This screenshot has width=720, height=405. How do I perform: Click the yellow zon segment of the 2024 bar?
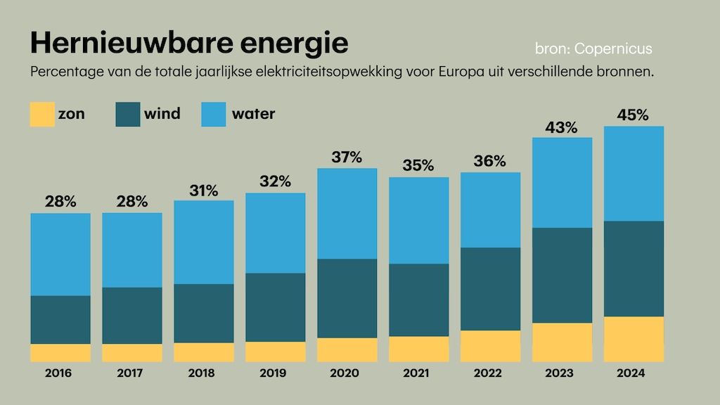[634, 339]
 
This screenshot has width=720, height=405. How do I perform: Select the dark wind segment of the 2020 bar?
[347, 298]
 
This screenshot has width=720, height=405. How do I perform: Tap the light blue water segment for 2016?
[60, 254]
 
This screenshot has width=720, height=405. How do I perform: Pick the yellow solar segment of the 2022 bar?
[490, 346]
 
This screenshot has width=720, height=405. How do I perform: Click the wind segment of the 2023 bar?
[562, 275]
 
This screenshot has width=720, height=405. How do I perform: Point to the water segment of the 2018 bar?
[204, 242]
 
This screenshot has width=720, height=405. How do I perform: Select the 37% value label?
[347, 157]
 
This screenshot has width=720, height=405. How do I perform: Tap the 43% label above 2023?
[562, 127]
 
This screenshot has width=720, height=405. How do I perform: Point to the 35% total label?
[418, 166]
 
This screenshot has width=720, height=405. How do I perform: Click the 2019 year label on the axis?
[275, 373]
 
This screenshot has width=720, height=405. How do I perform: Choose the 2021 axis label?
[418, 373]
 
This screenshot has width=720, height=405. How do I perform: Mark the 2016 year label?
[60, 373]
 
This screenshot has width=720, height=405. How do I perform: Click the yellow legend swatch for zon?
[42, 114]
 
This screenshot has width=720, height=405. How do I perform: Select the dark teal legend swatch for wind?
[128, 114]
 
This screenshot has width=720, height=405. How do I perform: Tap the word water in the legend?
[253, 114]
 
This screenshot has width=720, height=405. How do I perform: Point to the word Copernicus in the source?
[613, 49]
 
